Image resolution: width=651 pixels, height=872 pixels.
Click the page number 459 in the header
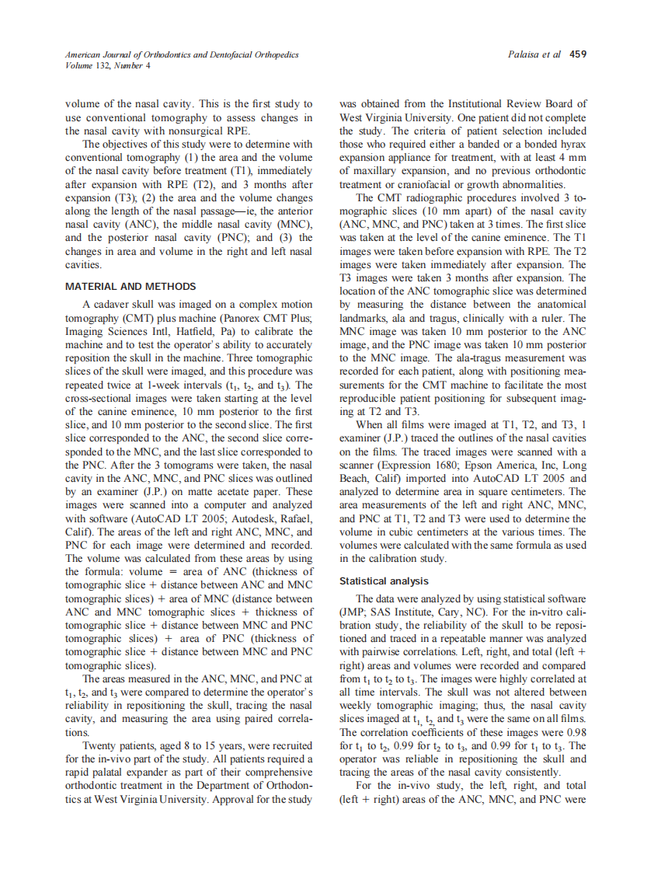coord(578,55)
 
